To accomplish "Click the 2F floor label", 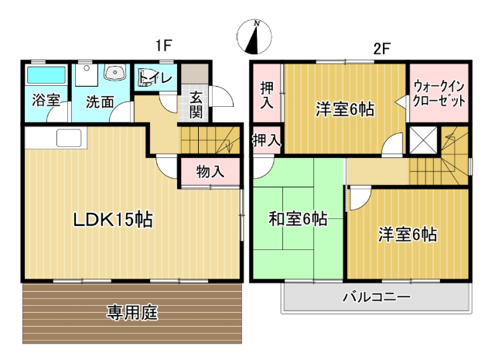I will coord(381,47).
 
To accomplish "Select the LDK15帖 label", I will coord(113,219).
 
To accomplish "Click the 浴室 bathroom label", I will coord(46,100).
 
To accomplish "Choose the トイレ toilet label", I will coord(157,77).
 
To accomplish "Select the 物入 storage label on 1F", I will coord(210,172).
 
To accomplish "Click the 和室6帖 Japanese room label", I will coord(298,219).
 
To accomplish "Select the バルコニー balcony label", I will coord(377,297).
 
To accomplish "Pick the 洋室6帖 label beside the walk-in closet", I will coord(345,109).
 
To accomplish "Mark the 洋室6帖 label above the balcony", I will coord(408,234).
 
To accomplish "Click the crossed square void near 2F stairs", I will coord(423,139).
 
